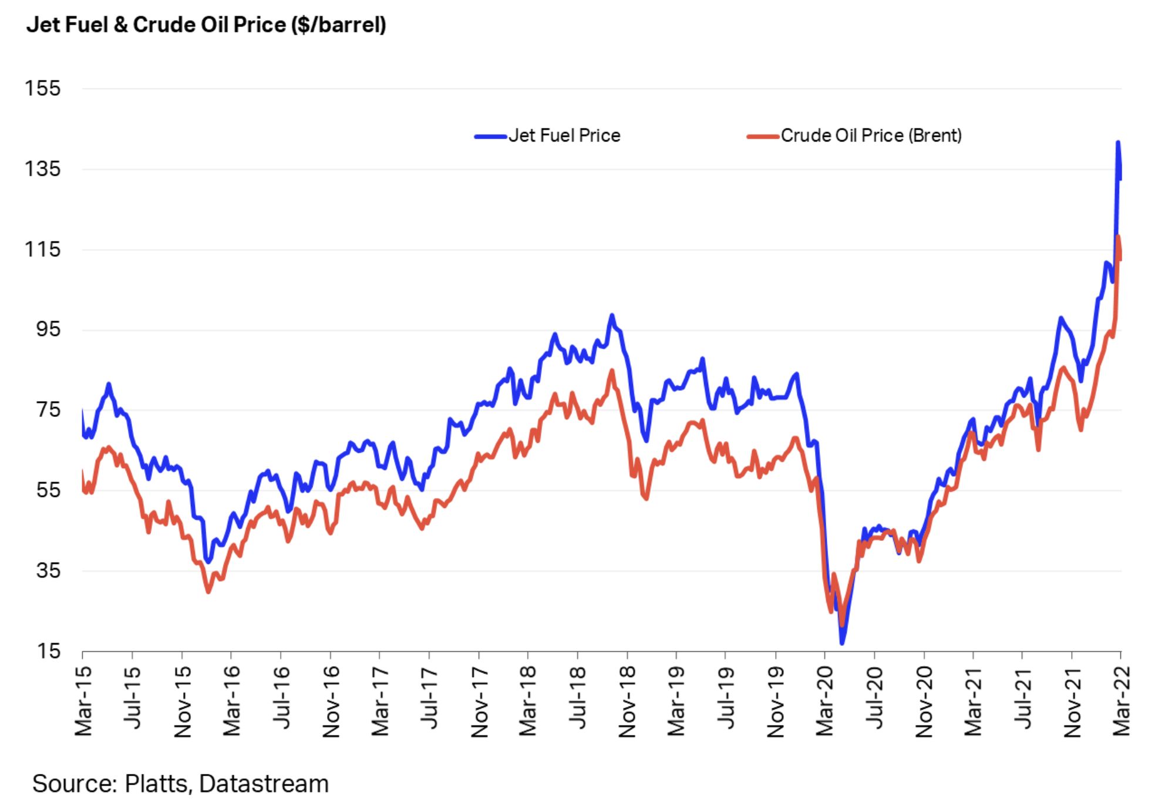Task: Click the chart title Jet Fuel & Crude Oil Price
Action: tap(206, 25)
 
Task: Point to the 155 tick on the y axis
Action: tap(42, 89)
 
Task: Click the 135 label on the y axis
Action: tap(42, 169)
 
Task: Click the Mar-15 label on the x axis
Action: tap(84, 701)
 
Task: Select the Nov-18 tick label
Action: tap(628, 701)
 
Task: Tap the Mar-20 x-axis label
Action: tap(825, 701)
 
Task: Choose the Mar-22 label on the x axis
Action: tap(1122, 701)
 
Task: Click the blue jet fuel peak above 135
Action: tap(1118, 142)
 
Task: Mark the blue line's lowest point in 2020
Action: tap(842, 643)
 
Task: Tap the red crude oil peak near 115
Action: tap(1118, 237)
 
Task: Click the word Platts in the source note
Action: tap(156, 784)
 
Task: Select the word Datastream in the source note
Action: tap(264, 784)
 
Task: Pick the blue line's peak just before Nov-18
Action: tap(612, 315)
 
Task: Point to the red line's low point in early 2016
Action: tap(208, 591)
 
